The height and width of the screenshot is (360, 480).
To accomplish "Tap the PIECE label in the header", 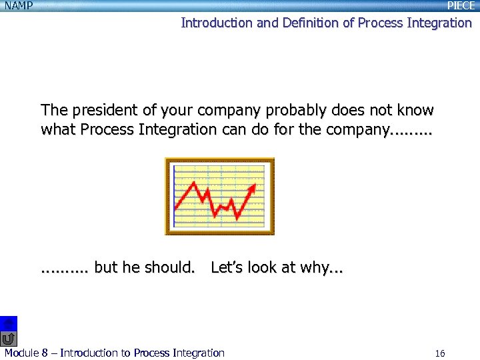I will pyautogui.click(x=461, y=6).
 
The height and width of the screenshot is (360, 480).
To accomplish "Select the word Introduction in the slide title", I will pyautogui.click(x=216, y=23).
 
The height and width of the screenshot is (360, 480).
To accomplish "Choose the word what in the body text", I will pyautogui.click(x=59, y=129).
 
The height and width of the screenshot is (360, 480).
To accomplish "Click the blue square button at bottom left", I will pyautogui.click(x=8, y=323).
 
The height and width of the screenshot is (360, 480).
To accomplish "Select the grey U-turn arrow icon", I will pyautogui.click(x=8, y=338).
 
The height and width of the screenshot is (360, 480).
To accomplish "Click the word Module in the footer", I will pyautogui.click(x=21, y=353).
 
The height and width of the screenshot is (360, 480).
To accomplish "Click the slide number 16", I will pyautogui.click(x=439, y=353).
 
